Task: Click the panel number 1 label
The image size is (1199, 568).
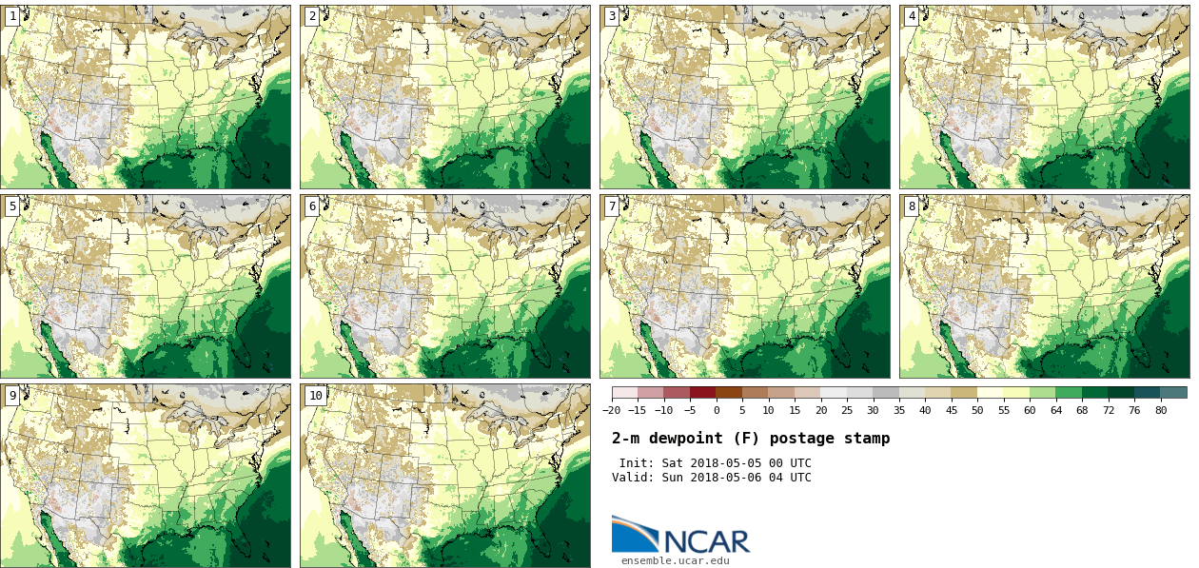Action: [x=12, y=16]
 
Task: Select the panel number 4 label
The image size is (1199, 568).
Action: [x=912, y=16]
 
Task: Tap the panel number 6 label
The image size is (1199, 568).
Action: [x=312, y=206]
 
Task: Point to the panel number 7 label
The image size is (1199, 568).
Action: [x=612, y=206]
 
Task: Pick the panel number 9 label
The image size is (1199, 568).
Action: [x=12, y=396]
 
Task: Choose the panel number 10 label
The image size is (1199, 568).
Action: [x=315, y=396]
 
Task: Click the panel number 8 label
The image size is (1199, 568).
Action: [x=912, y=206]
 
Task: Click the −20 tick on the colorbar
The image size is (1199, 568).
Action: [x=612, y=410]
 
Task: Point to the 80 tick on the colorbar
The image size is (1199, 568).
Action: [x=1161, y=410]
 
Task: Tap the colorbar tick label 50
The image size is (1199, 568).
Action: [x=977, y=410]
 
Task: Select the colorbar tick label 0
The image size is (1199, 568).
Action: [x=717, y=410]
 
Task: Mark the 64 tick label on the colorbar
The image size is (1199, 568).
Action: [x=1055, y=410]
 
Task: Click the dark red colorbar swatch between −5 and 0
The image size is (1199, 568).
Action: [x=703, y=392]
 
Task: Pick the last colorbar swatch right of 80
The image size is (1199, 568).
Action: [x=1173, y=392]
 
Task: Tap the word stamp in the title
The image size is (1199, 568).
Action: [x=866, y=439]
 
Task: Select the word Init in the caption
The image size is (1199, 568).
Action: [x=637, y=463]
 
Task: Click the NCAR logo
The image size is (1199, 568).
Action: [x=680, y=536]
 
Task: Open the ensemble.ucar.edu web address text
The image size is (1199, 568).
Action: [x=676, y=560]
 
